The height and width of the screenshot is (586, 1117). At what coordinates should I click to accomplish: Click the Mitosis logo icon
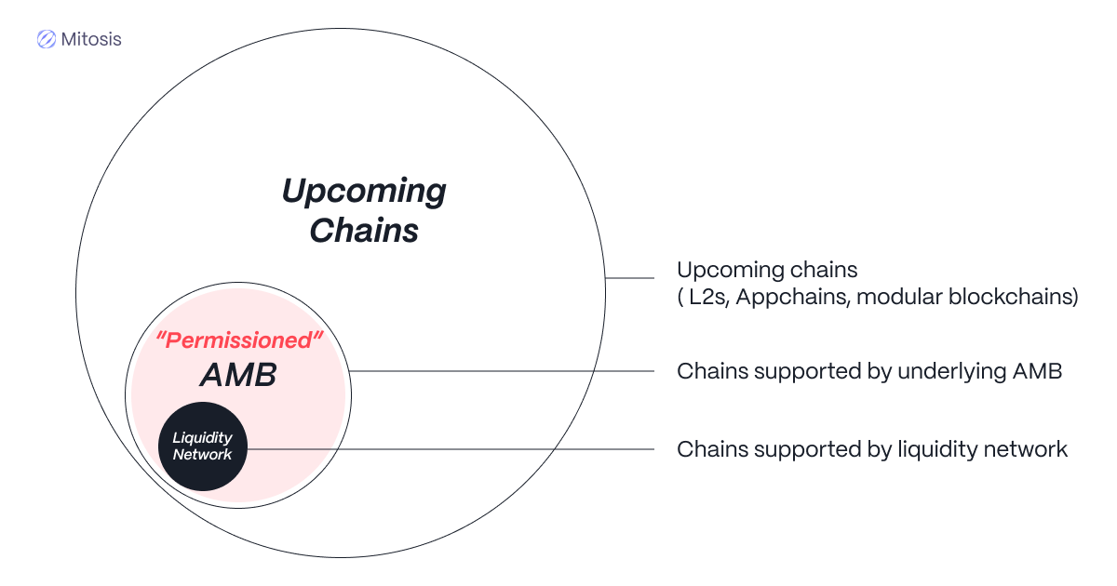(x=47, y=39)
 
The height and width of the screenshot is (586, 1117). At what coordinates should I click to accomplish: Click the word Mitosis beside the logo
(x=91, y=39)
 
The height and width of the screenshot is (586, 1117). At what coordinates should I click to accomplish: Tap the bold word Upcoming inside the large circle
(x=364, y=192)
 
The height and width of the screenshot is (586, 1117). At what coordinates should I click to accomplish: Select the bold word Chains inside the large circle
(x=364, y=231)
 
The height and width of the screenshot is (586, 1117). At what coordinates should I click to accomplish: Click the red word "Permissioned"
(x=239, y=340)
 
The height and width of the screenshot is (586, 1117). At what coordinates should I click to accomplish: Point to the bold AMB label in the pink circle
(x=238, y=375)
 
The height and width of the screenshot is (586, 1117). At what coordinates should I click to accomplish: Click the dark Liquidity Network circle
(x=203, y=446)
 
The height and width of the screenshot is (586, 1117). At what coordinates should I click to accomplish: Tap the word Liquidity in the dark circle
(x=203, y=438)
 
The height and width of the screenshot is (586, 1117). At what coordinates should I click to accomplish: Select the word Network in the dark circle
(x=203, y=455)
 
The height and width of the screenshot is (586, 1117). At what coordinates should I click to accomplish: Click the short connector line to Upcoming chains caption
(x=629, y=278)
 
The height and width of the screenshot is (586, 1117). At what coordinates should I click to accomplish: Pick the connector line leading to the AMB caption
(x=502, y=371)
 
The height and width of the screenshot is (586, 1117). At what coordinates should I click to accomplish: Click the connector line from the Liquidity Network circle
(x=451, y=449)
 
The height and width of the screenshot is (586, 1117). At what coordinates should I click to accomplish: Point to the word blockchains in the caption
(x=1009, y=297)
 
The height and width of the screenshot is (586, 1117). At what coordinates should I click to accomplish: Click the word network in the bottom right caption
(x=1029, y=449)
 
